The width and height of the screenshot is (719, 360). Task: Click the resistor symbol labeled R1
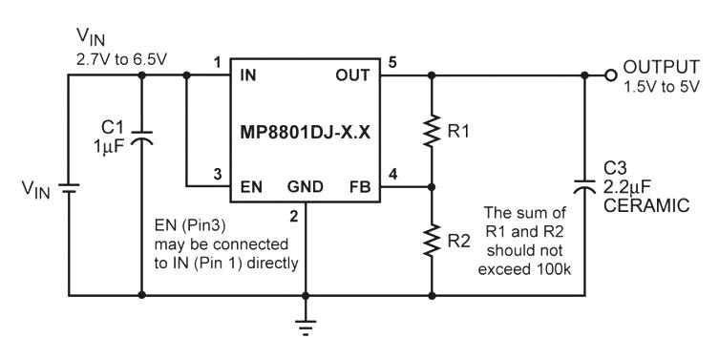[x=432, y=131]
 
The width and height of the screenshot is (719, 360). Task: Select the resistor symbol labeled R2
[x=432, y=241]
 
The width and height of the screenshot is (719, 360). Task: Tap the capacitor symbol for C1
[x=141, y=138]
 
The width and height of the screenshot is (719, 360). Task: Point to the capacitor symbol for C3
[x=584, y=186]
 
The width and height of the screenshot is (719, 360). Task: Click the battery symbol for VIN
[x=69, y=188]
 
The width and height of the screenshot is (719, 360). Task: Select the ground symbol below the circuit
[x=306, y=327]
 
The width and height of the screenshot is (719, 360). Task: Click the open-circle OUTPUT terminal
[x=610, y=75]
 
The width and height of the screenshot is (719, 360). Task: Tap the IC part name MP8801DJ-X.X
[x=305, y=132]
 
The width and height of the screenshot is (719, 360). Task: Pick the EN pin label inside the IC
[x=251, y=187]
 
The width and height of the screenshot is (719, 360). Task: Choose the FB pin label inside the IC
[x=360, y=187]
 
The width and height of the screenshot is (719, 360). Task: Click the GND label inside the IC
[x=306, y=187]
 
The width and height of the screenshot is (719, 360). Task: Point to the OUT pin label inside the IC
[x=352, y=75]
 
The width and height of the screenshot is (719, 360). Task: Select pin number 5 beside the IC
[x=392, y=62]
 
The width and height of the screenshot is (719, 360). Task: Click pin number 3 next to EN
[x=218, y=174]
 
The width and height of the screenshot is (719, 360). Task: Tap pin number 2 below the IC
[x=294, y=216]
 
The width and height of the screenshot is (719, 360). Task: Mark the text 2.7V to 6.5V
[x=121, y=60]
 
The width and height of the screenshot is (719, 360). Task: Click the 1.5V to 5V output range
[x=661, y=87]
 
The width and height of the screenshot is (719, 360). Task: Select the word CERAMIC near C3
[x=646, y=205]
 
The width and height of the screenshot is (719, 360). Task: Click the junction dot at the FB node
[x=432, y=187]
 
